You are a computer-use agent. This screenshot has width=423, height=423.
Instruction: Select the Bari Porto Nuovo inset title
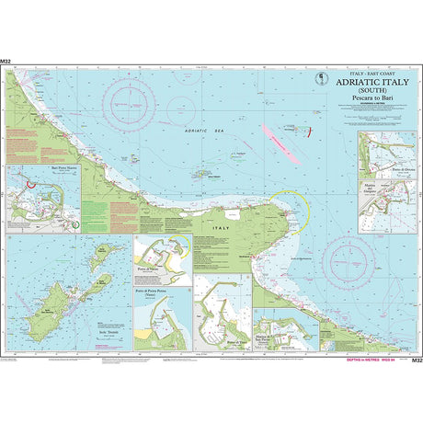coord(42,170)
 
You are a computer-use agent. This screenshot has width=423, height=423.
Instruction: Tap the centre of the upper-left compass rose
coord(132,95)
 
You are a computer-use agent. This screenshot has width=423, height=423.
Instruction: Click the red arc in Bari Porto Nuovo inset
coord(31,182)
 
